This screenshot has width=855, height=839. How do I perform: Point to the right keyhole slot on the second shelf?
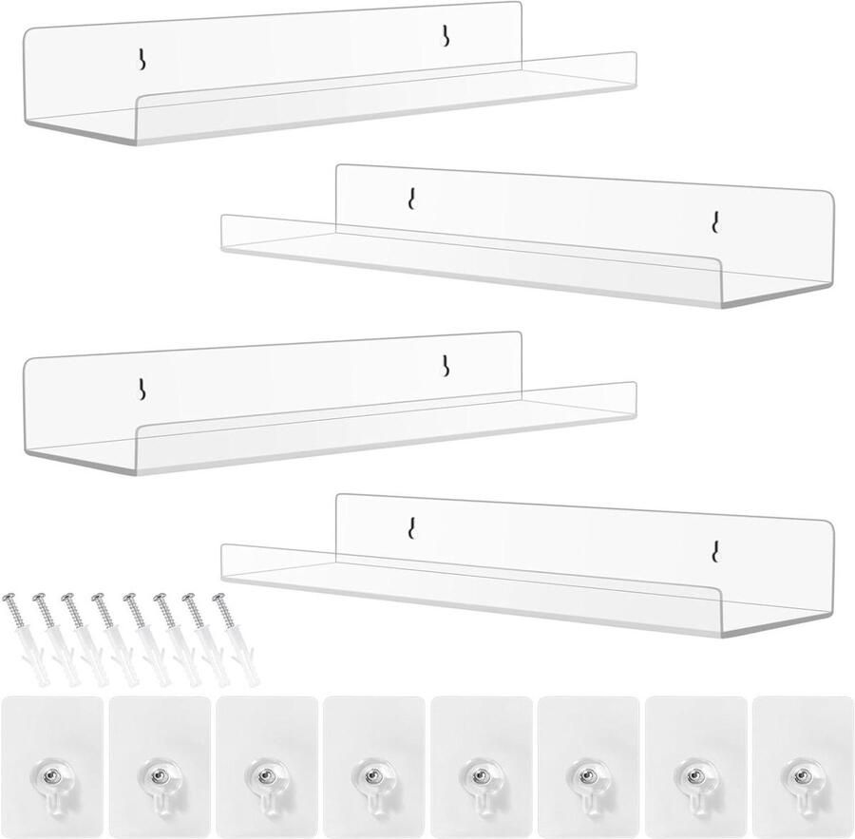coord(714,221)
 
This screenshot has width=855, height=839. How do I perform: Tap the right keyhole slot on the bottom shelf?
coord(714,550)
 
